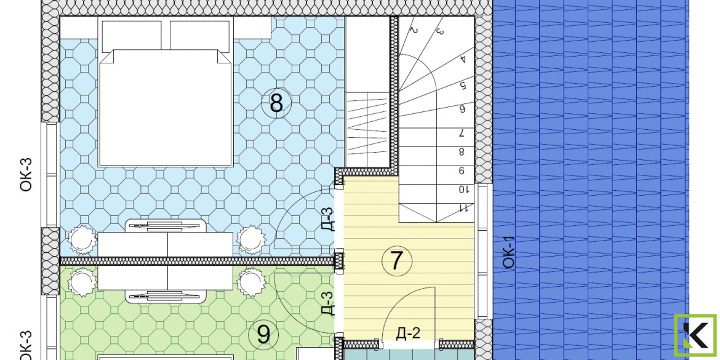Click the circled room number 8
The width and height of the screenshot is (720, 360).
(x=276, y=103)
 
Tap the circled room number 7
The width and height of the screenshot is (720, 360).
(x=397, y=261)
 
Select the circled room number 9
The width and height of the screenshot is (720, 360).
(x=263, y=335)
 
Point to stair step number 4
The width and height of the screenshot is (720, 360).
(x=463, y=59)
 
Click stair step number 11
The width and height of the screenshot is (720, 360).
(x=463, y=209)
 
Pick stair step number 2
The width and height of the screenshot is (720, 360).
(x=414, y=31)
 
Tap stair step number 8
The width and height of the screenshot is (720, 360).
(x=462, y=151)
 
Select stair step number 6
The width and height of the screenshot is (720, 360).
(x=462, y=109)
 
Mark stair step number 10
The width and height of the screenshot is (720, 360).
(x=462, y=189)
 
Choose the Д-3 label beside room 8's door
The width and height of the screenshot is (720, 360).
(x=327, y=219)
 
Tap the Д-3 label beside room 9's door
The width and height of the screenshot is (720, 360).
(x=327, y=303)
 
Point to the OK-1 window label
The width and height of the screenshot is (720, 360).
(x=509, y=252)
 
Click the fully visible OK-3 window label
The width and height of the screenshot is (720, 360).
(x=26, y=175)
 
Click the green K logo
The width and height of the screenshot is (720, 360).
(x=695, y=335)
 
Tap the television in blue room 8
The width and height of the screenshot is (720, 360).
(x=167, y=225)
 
